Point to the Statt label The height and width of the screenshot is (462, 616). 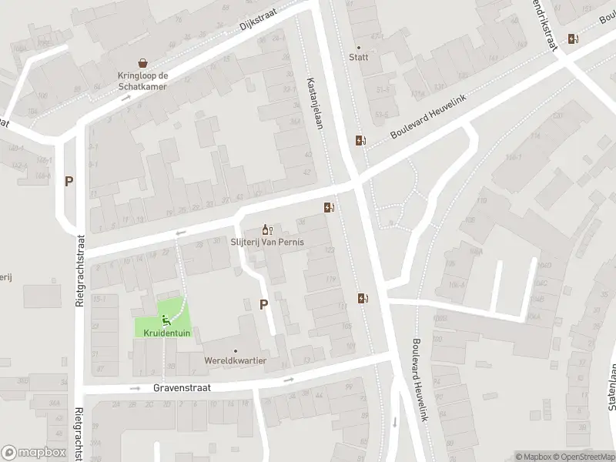[359, 57]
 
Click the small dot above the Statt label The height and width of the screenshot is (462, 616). [359, 46]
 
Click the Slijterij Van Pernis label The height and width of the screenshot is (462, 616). [267, 242]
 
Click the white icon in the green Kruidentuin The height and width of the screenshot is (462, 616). [165, 320]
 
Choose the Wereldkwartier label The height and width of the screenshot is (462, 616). [236, 360]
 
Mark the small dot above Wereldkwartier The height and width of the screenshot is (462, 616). [236, 350]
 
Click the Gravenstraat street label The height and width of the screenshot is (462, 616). [181, 389]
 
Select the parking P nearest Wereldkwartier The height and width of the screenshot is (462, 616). [263, 304]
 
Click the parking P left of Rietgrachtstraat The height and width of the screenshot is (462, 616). [69, 182]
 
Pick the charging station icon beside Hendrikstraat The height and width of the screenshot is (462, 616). [573, 38]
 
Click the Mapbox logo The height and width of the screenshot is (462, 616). [33, 453]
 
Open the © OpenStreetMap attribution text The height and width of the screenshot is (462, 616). [579, 457]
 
